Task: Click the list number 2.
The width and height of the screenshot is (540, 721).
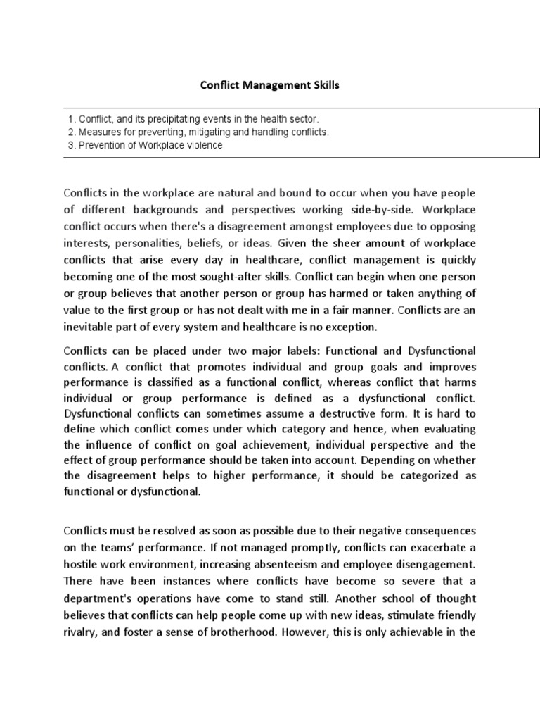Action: coord(72,132)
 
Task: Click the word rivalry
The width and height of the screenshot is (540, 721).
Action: coord(79,632)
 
